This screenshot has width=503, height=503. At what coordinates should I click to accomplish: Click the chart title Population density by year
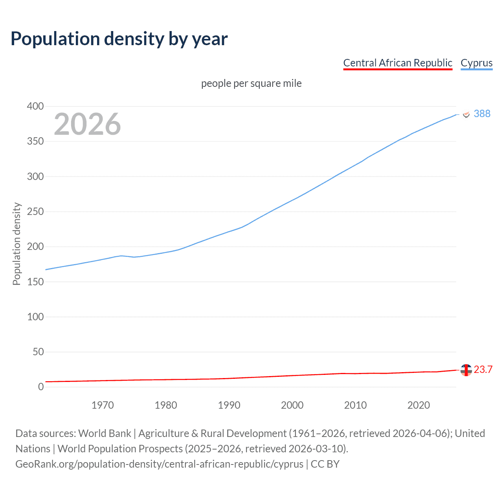(119, 39)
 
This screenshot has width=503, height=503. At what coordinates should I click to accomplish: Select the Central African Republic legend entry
(398, 63)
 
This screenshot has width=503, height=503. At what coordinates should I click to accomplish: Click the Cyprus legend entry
(476, 63)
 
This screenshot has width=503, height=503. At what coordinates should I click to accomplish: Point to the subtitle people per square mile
(251, 84)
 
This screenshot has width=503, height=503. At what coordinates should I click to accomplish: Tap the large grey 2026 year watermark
(87, 124)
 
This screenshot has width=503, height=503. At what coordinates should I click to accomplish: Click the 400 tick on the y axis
(35, 106)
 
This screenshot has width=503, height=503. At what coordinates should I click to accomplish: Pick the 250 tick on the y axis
(35, 212)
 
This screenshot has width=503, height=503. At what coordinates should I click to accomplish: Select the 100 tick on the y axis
(35, 317)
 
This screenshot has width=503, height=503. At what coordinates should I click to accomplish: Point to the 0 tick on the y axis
(41, 387)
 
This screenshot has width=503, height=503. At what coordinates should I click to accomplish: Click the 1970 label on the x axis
(103, 405)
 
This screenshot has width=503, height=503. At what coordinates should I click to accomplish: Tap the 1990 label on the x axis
(229, 405)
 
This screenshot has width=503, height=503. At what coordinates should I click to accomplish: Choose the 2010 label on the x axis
(355, 405)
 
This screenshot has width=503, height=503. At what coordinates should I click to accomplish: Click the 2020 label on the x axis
(419, 405)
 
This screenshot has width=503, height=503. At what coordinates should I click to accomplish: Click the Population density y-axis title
(17, 244)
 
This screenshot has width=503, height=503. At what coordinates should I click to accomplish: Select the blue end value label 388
(482, 114)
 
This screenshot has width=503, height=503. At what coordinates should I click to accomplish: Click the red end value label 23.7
(483, 370)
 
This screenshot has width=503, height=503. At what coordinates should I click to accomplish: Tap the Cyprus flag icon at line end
(466, 114)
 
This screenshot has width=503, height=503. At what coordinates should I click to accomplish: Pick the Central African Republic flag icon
(466, 370)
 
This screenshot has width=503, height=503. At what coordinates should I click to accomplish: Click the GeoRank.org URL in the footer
(159, 464)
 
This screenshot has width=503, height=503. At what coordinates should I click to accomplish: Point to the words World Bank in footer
(105, 433)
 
